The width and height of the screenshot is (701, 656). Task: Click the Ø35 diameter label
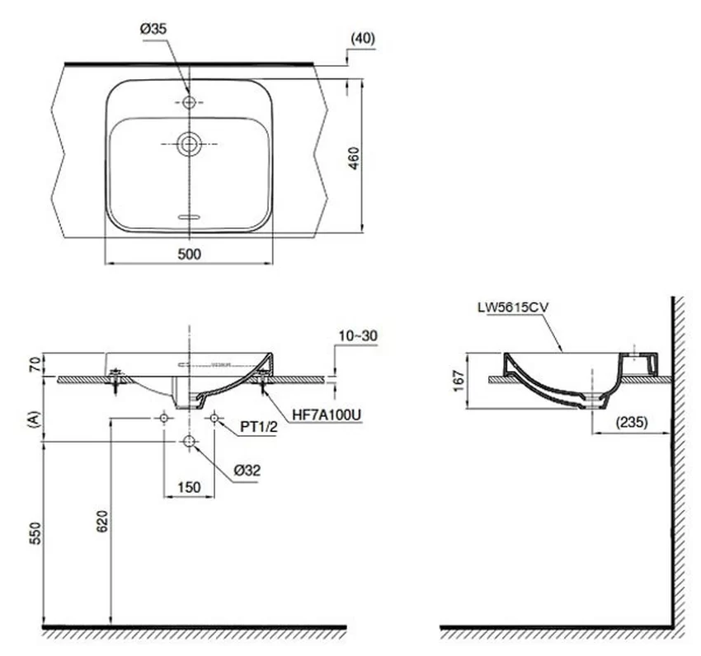153,29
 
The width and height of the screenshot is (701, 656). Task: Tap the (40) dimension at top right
363,39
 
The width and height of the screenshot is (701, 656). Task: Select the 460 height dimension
353,158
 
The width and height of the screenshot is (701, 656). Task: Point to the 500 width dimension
190,254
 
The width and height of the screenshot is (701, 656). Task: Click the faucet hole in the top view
190,102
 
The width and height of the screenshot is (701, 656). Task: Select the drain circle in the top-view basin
189,144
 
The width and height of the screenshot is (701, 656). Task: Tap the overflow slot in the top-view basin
190,218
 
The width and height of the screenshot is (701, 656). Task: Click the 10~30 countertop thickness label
358,335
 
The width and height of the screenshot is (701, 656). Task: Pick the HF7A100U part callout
327,415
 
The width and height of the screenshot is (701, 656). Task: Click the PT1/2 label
259,427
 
